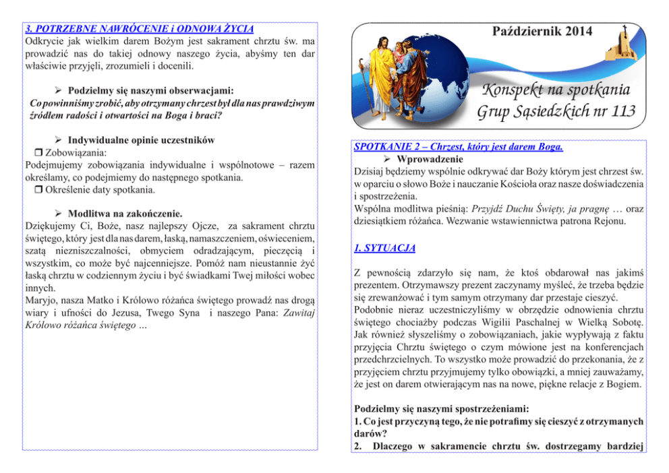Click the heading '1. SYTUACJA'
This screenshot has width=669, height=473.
click(385, 249)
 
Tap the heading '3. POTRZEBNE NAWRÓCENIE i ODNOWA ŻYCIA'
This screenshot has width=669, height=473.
click(139, 29)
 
